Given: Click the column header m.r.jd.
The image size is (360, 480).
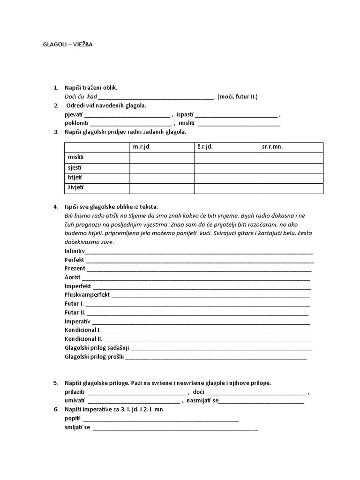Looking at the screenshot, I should pos(142,147).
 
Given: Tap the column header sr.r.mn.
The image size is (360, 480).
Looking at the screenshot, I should pos(273,147).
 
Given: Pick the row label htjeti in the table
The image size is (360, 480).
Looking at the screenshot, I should pos(75,178).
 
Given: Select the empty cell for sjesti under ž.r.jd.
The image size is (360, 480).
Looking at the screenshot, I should pos(226,168).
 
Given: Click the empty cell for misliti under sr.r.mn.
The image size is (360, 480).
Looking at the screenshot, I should pos(291,157).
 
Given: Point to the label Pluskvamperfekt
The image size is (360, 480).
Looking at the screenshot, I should pos(87,295).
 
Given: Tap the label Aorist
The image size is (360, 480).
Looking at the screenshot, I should pos(73,277).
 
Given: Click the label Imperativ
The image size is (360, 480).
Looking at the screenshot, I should pos(77,322).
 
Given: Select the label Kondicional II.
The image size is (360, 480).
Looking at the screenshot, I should pos(83,339).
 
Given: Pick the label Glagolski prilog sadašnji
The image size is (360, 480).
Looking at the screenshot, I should pos(97,348).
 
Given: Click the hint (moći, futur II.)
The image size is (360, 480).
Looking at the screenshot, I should pos(238,97).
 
